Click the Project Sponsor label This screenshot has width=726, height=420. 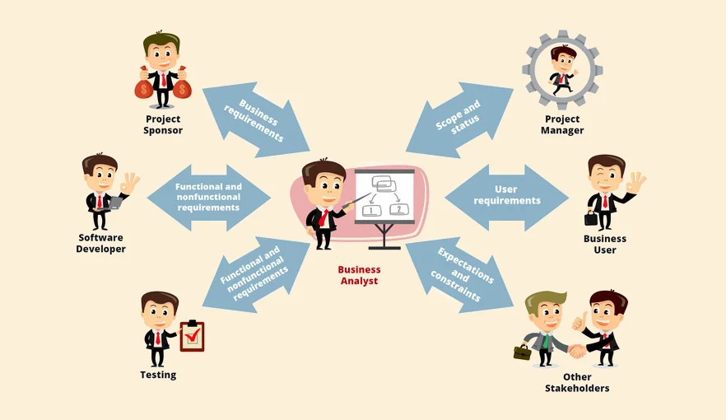[x=162, y=124]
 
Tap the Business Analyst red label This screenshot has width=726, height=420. [x=359, y=275]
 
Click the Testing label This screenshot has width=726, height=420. [x=158, y=375]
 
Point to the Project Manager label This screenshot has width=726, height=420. [x=563, y=124]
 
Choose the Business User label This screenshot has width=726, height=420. [x=605, y=244]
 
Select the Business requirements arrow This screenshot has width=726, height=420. [x=257, y=119]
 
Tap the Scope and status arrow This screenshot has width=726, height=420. [x=458, y=119]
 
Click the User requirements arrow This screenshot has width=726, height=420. [x=507, y=196]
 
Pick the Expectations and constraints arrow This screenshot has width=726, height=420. [x=463, y=273]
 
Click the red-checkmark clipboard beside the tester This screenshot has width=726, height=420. [x=193, y=336]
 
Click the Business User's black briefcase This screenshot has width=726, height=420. [x=591, y=217]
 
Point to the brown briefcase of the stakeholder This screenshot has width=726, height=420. [x=522, y=352]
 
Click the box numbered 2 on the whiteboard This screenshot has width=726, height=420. [x=399, y=209]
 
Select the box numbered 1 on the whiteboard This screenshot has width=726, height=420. [x=372, y=210]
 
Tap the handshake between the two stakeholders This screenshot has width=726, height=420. [x=576, y=351]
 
